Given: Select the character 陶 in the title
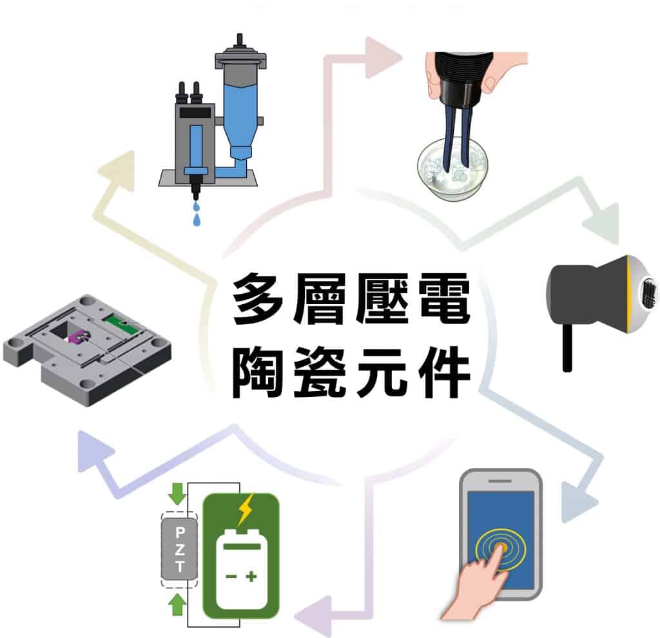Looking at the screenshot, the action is click(258, 372).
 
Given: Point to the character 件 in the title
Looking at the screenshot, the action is click(445, 372).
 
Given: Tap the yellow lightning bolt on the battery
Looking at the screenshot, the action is click(246, 509).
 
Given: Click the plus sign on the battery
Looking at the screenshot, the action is click(251, 576).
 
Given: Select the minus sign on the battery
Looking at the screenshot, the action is click(231, 576).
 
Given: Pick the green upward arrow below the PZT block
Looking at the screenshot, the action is click(177, 604).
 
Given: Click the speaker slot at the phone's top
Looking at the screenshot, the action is click(500, 481).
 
